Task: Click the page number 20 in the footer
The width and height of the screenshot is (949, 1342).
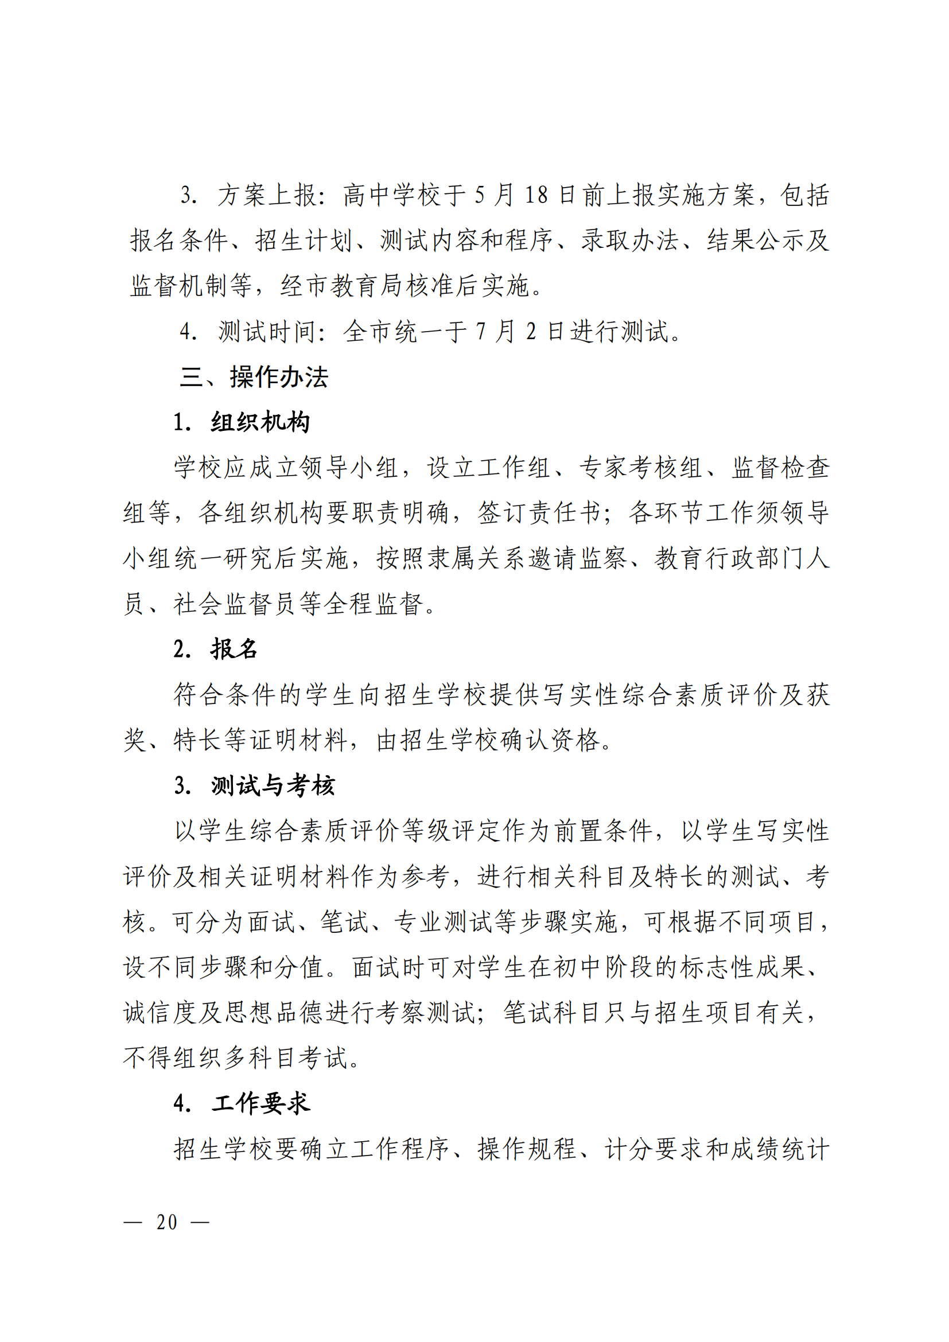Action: (x=166, y=1222)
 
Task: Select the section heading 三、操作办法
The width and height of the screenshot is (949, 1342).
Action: (x=254, y=377)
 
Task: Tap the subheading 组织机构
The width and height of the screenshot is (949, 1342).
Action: (x=260, y=422)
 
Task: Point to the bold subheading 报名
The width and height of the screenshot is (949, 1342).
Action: (x=234, y=649)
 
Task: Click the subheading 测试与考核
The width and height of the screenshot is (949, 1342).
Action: (x=273, y=785)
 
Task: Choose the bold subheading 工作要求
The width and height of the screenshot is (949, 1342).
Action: (x=260, y=1103)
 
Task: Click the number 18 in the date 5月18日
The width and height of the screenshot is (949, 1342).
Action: (x=536, y=195)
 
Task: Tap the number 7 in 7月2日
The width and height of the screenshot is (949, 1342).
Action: (x=481, y=332)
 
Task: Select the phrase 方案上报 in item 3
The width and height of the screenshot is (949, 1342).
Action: (x=267, y=195)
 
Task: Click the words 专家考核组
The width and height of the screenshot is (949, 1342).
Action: (x=641, y=468)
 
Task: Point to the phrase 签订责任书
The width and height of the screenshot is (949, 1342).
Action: (x=539, y=513)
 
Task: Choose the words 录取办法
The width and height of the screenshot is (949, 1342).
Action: (x=629, y=240)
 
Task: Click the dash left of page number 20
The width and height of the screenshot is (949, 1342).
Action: (x=133, y=1222)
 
